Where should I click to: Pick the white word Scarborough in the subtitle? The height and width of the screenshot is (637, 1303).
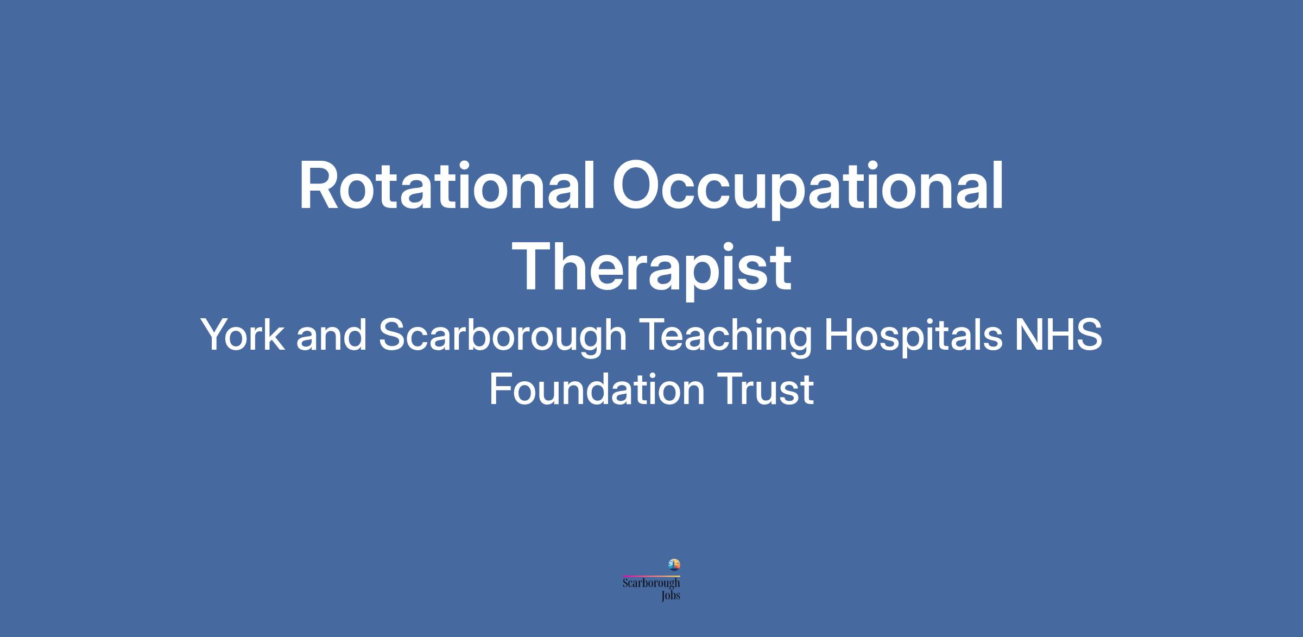[503, 338]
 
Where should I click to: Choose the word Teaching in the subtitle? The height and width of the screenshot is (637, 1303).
[725, 338]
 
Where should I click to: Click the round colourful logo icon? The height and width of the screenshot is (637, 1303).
[674, 565]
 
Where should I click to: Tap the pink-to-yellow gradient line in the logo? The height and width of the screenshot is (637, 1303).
[651, 576]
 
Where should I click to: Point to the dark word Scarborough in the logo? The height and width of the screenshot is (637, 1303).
[651, 584]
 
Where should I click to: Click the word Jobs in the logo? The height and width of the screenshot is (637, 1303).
[671, 596]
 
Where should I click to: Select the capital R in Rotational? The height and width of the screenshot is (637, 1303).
[317, 185]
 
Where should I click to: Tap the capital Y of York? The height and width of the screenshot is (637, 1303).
[216, 335]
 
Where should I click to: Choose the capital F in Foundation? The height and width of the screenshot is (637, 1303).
[501, 389]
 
